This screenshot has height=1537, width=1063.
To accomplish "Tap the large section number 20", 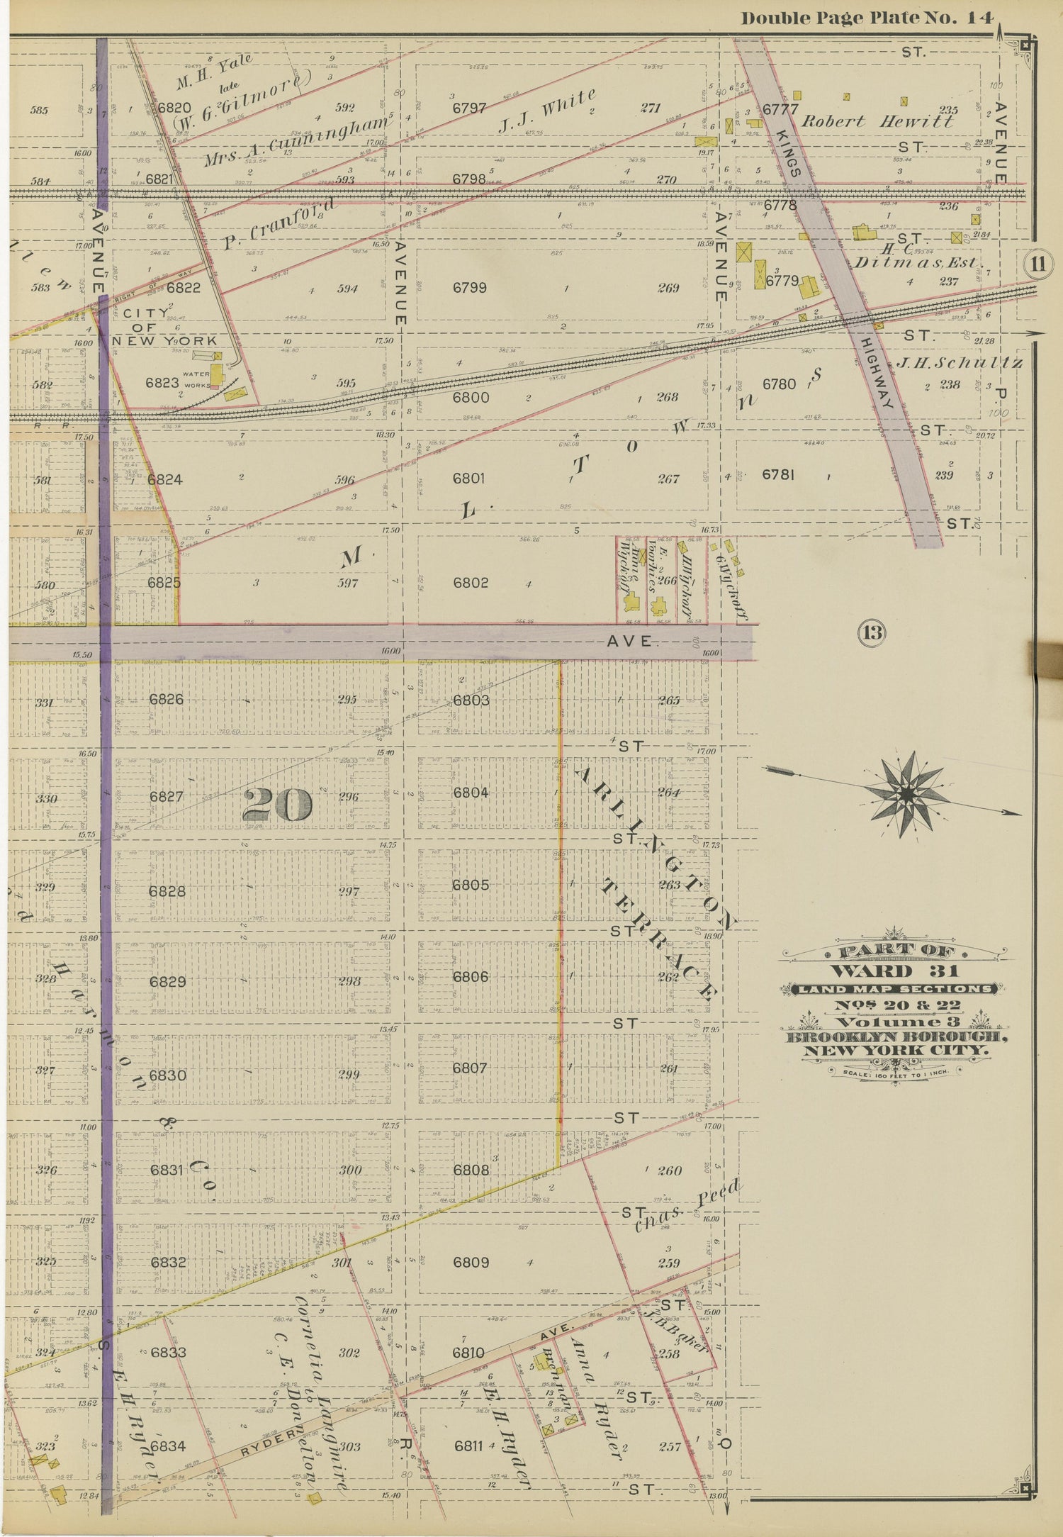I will pos(277,805).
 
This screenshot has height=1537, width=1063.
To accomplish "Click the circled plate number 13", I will pos(872,632).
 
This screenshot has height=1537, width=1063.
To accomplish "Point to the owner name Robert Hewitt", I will pos(877,121).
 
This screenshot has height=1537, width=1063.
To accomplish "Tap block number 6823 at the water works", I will pos(162,383).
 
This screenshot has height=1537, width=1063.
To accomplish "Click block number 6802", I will pos(471,583).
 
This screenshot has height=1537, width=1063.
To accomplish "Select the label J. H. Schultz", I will pos(960,364).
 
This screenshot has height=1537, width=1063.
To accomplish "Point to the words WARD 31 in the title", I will pos(895,971).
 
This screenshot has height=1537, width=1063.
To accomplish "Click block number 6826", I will pos(167,699).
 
